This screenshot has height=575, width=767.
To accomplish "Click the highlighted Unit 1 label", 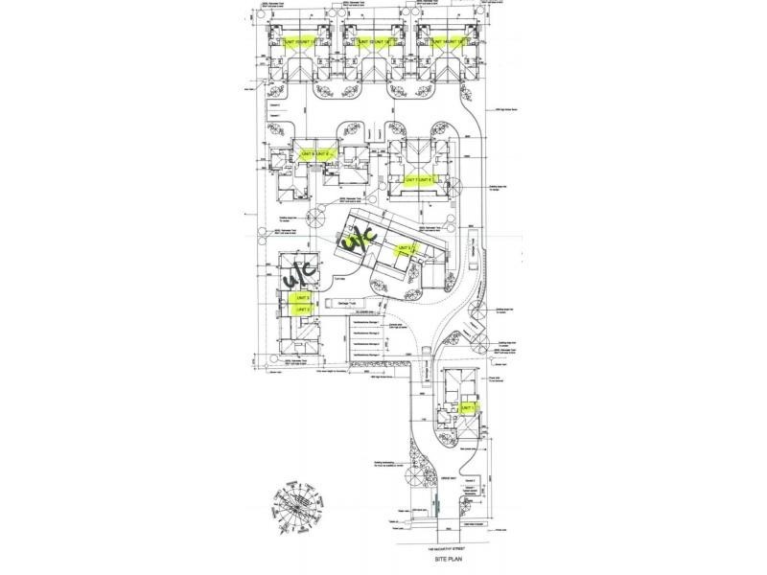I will [468, 407].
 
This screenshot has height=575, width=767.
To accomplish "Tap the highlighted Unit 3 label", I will [301, 299].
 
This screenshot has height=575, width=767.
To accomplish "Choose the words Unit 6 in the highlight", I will [429, 179].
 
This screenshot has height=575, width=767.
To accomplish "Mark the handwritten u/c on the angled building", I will [358, 237].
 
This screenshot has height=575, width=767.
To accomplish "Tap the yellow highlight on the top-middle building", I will [373, 41].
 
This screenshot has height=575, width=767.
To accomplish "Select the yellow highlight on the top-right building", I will [447, 41].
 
